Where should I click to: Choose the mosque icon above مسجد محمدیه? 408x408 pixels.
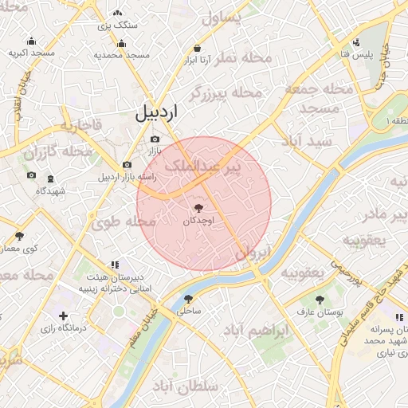pyautogui.click(x=122, y=44)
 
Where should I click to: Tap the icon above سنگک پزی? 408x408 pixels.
pyautogui.click(x=118, y=14)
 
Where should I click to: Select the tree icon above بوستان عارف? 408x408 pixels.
pyautogui.click(x=320, y=300)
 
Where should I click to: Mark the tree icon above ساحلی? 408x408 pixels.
pyautogui.click(x=188, y=299)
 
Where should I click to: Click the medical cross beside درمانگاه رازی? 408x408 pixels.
pyautogui.click(x=64, y=316)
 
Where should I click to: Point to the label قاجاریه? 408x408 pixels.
pyautogui.click(x=78, y=126)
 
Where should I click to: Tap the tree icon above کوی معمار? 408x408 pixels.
pyautogui.click(x=19, y=236)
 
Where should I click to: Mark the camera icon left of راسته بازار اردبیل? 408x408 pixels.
pyautogui.click(x=127, y=165)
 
